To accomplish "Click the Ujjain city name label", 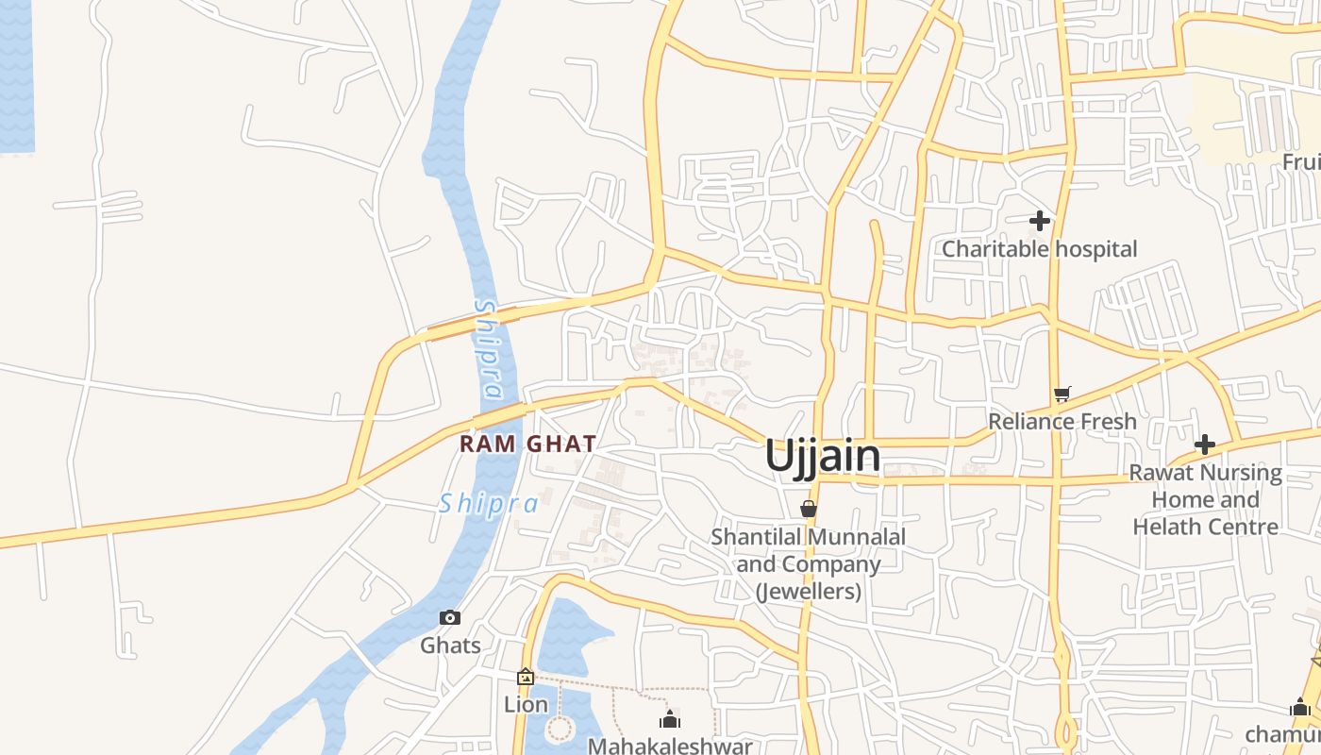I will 823,456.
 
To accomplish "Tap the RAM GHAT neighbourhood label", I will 527,444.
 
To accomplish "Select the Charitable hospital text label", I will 1040,249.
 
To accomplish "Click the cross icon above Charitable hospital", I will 1040,221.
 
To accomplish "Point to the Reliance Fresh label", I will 1062,421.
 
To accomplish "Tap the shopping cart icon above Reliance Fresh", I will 1062,394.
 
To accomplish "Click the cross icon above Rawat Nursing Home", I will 1205,444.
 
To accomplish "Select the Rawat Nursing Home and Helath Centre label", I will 1206,499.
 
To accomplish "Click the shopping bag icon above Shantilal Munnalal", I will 809,509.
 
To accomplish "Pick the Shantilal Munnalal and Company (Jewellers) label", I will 809,564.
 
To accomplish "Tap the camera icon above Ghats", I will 450,618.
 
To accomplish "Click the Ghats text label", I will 450,646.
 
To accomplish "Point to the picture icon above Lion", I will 526,677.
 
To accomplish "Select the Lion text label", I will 526,704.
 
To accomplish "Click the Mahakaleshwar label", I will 671,746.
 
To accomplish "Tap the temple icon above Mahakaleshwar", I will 671,720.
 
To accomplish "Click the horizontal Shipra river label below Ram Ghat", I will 489,503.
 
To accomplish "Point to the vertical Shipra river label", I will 488,349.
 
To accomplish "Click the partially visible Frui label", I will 1300,162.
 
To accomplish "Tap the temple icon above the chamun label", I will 1300,707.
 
